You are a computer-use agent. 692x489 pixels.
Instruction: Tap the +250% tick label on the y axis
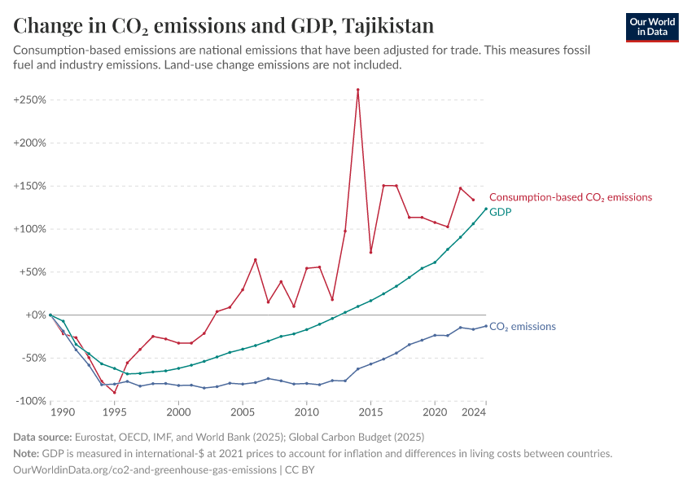coord(29,99)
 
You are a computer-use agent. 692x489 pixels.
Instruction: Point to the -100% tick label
coord(30,401)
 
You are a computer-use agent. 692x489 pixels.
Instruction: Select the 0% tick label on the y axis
coord(33,315)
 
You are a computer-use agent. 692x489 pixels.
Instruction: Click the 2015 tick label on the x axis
coord(370,413)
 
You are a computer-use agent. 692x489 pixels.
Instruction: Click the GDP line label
coord(500,212)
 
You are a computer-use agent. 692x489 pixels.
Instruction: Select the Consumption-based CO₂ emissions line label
coord(570,197)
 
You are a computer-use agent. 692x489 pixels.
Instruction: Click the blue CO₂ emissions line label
coord(522,327)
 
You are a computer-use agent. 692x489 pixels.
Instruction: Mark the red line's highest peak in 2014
coord(357,90)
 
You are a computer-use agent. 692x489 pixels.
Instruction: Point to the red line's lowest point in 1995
coord(115,392)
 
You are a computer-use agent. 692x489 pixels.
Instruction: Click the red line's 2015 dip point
coord(370,252)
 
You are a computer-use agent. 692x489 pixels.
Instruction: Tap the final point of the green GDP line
coord(486,209)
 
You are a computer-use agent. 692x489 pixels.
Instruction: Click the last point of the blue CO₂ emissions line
coord(486,326)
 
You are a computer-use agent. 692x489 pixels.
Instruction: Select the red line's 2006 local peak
coord(255,260)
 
